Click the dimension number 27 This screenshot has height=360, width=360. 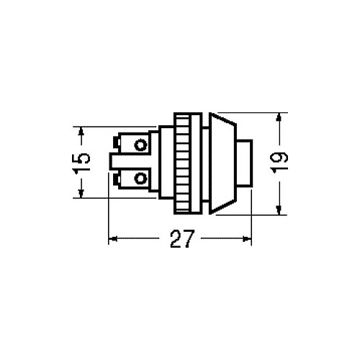coord(181,238)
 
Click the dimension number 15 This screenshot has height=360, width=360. coord(81,162)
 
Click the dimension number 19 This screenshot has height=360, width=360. coord(279,162)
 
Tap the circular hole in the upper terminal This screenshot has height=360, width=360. coord(140,145)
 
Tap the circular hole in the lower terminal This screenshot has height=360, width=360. coord(140,179)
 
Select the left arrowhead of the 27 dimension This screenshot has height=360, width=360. coord(113,239)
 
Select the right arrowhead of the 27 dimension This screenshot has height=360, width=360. coord(247,239)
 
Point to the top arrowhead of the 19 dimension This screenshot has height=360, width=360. coord(279,117)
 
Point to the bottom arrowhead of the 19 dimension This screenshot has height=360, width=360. coord(279,210)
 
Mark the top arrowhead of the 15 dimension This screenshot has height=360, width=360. coord(81,131)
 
